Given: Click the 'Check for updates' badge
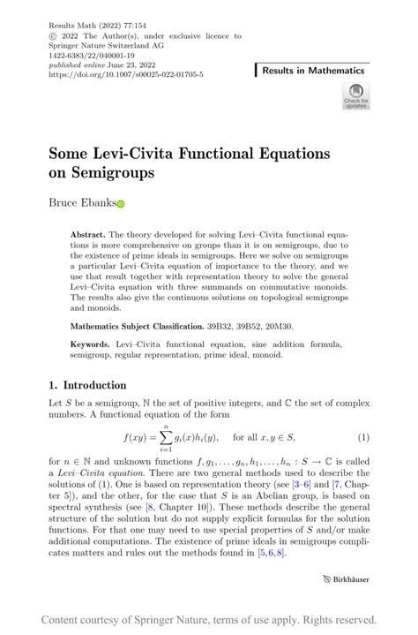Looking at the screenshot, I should tap(355, 95).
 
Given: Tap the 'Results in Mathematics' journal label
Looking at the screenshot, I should tap(312, 70).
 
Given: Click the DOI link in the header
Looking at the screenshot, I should tap(127, 75).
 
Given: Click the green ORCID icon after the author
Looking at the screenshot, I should tap(121, 204).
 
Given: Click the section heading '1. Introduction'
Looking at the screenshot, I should tap(87, 385).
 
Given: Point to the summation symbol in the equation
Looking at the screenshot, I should tap(186, 437).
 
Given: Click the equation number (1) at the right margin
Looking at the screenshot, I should tap(362, 437).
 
